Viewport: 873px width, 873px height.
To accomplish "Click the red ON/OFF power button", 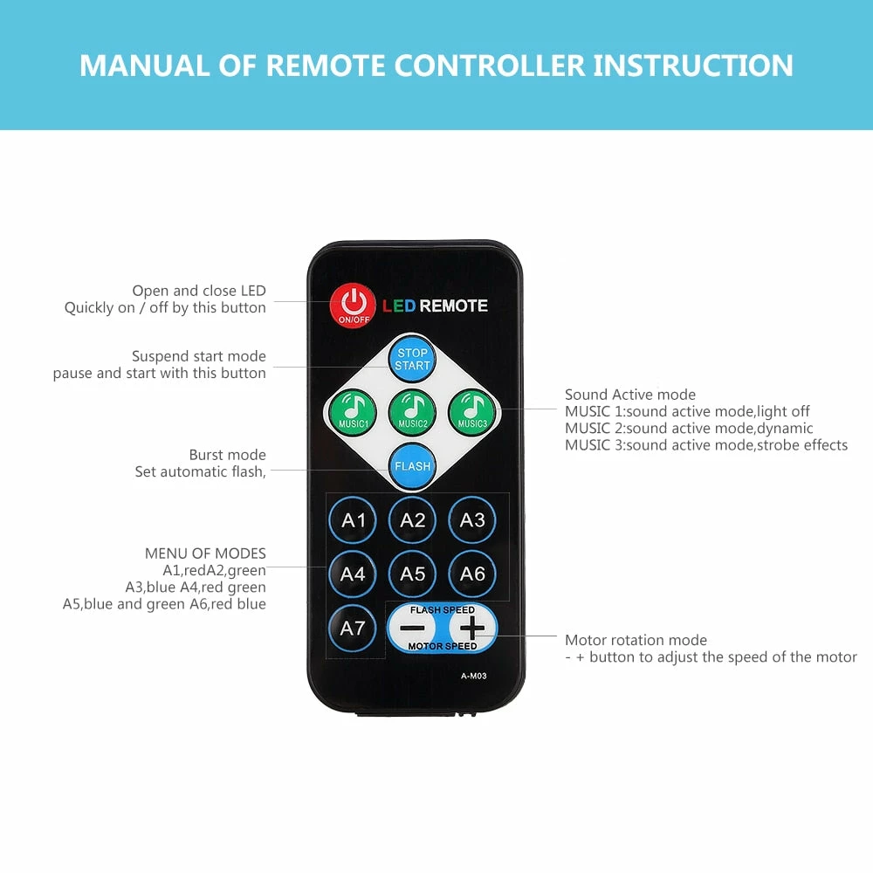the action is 352,305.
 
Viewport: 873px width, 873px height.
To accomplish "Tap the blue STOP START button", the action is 412,359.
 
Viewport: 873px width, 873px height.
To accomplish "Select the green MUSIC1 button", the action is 353,413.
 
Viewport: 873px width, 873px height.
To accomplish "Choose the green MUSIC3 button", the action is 472,413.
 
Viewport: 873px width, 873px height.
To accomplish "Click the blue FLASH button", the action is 412,466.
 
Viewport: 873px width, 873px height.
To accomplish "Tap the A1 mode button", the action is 353,520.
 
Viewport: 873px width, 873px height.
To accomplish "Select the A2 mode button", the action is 412,520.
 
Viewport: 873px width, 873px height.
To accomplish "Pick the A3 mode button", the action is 472,520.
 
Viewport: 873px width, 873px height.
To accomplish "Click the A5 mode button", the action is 412,574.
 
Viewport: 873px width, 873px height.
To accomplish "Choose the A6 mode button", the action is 472,574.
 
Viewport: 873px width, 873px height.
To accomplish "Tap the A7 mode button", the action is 353,628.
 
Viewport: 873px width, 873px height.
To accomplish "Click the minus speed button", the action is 413,628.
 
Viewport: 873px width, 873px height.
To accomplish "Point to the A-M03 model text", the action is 474,676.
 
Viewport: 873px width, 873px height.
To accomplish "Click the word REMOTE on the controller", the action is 453,306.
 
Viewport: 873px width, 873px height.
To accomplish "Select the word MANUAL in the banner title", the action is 145,65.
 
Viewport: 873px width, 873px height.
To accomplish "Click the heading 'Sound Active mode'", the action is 630,395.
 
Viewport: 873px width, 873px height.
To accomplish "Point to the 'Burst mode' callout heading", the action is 227,455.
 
